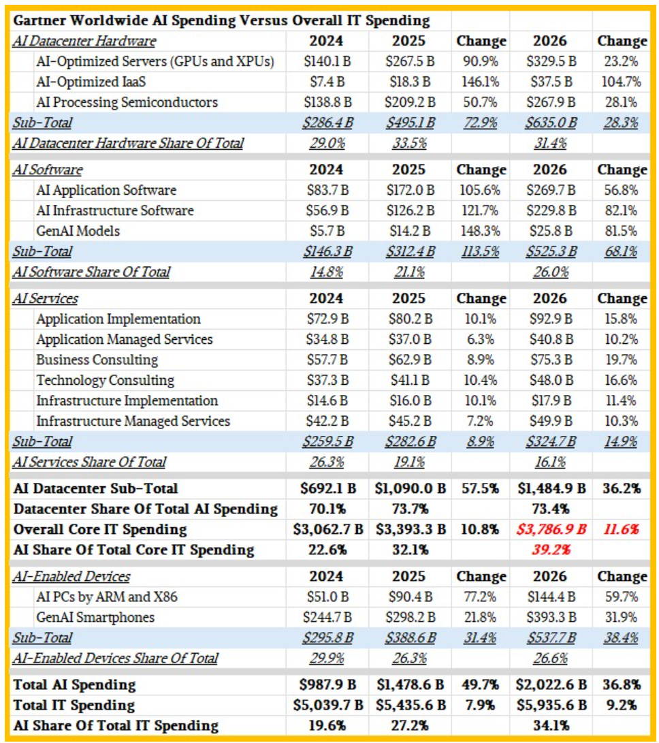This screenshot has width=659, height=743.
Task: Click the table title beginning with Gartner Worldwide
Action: click(222, 21)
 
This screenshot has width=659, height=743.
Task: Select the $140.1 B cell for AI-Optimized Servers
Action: click(327, 62)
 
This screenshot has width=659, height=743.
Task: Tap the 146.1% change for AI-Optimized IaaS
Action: click(481, 82)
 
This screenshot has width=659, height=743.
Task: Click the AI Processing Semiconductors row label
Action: click(127, 103)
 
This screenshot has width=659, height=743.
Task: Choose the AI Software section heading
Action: click(48, 170)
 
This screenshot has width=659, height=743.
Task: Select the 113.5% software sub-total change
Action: click(481, 251)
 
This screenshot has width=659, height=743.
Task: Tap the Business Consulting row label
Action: click(97, 360)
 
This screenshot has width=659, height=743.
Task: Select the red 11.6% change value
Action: click(622, 529)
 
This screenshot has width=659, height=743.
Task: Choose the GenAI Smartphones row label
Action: click(95, 618)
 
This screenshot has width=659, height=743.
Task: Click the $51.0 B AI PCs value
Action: click(327, 597)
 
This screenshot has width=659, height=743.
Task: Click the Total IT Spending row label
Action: click(74, 705)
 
